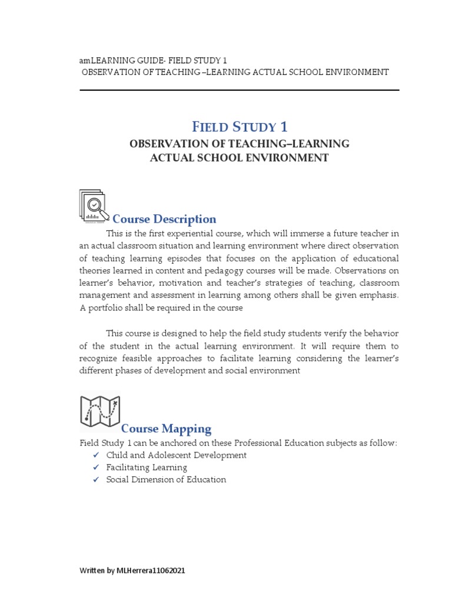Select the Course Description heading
click(164, 219)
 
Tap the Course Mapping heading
click(166, 428)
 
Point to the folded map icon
click(99, 410)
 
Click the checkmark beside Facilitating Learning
click(95, 468)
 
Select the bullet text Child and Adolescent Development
click(176, 455)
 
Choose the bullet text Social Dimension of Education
click(166, 479)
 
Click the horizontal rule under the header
click(239, 90)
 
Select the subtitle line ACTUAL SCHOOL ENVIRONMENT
click(239, 157)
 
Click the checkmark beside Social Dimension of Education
click(95, 480)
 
